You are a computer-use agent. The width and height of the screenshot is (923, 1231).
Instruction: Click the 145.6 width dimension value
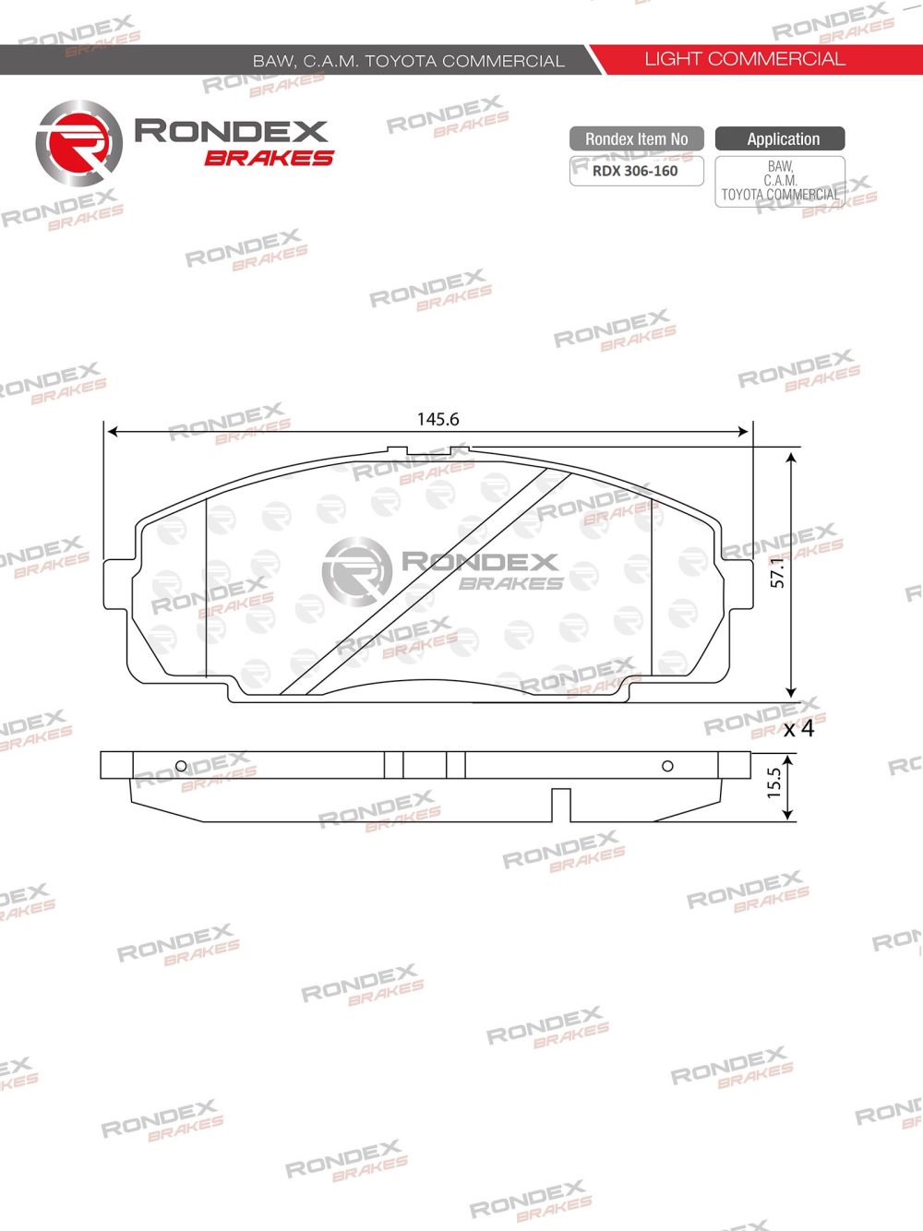coord(438,419)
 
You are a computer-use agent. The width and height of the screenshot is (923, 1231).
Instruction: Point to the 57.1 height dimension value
coord(778,572)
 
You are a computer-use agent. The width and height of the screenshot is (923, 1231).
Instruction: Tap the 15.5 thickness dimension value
coord(774,783)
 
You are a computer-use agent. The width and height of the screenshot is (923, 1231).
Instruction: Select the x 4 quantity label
coord(798,729)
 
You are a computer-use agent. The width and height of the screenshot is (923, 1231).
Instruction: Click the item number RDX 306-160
coord(635,171)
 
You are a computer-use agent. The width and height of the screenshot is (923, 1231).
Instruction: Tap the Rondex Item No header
coord(636,139)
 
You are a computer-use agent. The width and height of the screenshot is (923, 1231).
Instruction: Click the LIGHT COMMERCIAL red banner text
coord(744,59)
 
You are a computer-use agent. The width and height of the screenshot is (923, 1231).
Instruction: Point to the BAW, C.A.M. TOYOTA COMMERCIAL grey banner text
coord(408,61)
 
